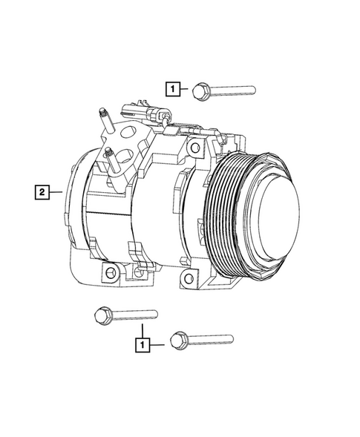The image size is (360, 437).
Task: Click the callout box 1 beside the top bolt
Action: (x=172, y=91)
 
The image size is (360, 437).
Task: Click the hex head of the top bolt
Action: (x=199, y=91)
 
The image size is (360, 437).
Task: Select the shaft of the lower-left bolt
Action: (x=134, y=315)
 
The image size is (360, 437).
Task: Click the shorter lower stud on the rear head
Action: (x=109, y=156)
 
